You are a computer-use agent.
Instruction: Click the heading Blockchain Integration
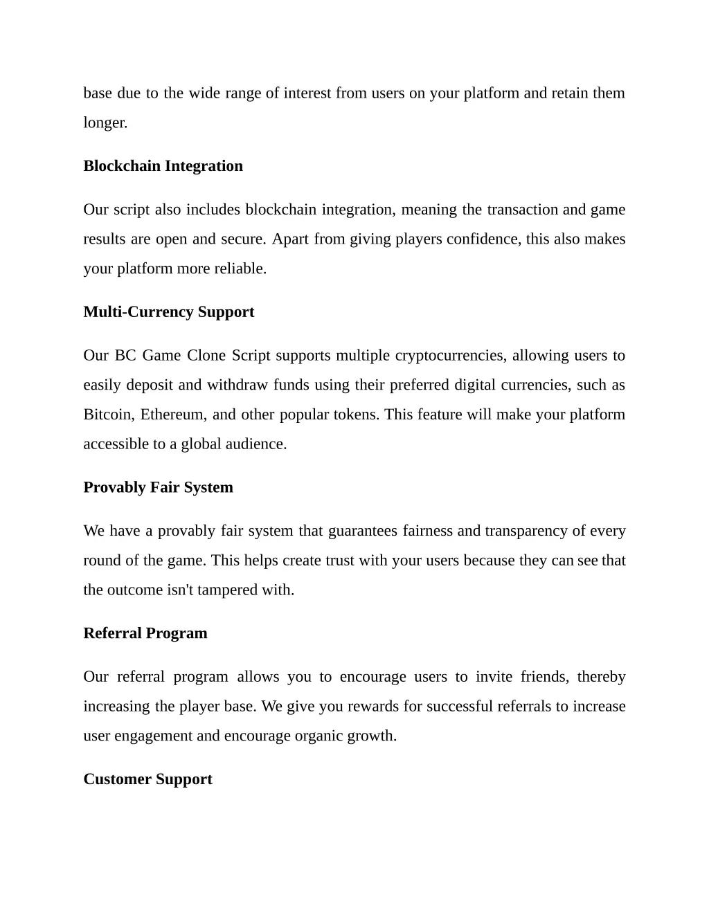[x=163, y=166]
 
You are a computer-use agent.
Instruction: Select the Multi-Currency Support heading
[x=168, y=312]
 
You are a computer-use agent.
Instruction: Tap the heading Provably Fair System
[x=158, y=487]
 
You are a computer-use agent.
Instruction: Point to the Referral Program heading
[x=145, y=633]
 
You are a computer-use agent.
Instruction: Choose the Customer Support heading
[x=147, y=779]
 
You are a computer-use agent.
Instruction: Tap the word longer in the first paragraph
[x=104, y=123]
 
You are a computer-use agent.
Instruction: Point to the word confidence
[x=483, y=239]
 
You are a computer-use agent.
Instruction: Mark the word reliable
[x=240, y=269]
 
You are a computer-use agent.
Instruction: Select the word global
[x=200, y=444]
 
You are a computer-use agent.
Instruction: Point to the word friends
[x=544, y=677]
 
